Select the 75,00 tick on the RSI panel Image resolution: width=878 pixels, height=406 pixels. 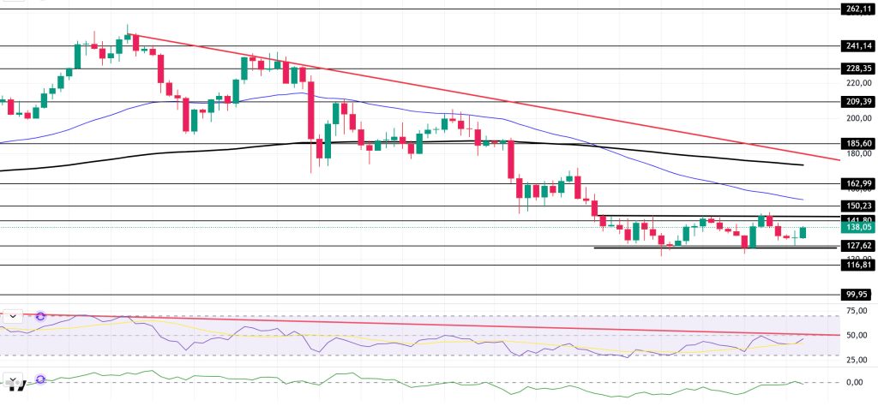click(854, 312)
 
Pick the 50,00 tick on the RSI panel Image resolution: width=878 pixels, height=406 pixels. click(854, 335)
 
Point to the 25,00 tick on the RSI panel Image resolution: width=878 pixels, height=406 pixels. click(854, 355)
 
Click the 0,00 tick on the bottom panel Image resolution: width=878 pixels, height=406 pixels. click(854, 382)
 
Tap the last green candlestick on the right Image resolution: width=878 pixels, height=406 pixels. click(803, 233)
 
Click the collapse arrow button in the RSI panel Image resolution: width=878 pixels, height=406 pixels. click(14, 316)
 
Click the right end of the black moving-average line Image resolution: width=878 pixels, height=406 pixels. click(803, 164)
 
